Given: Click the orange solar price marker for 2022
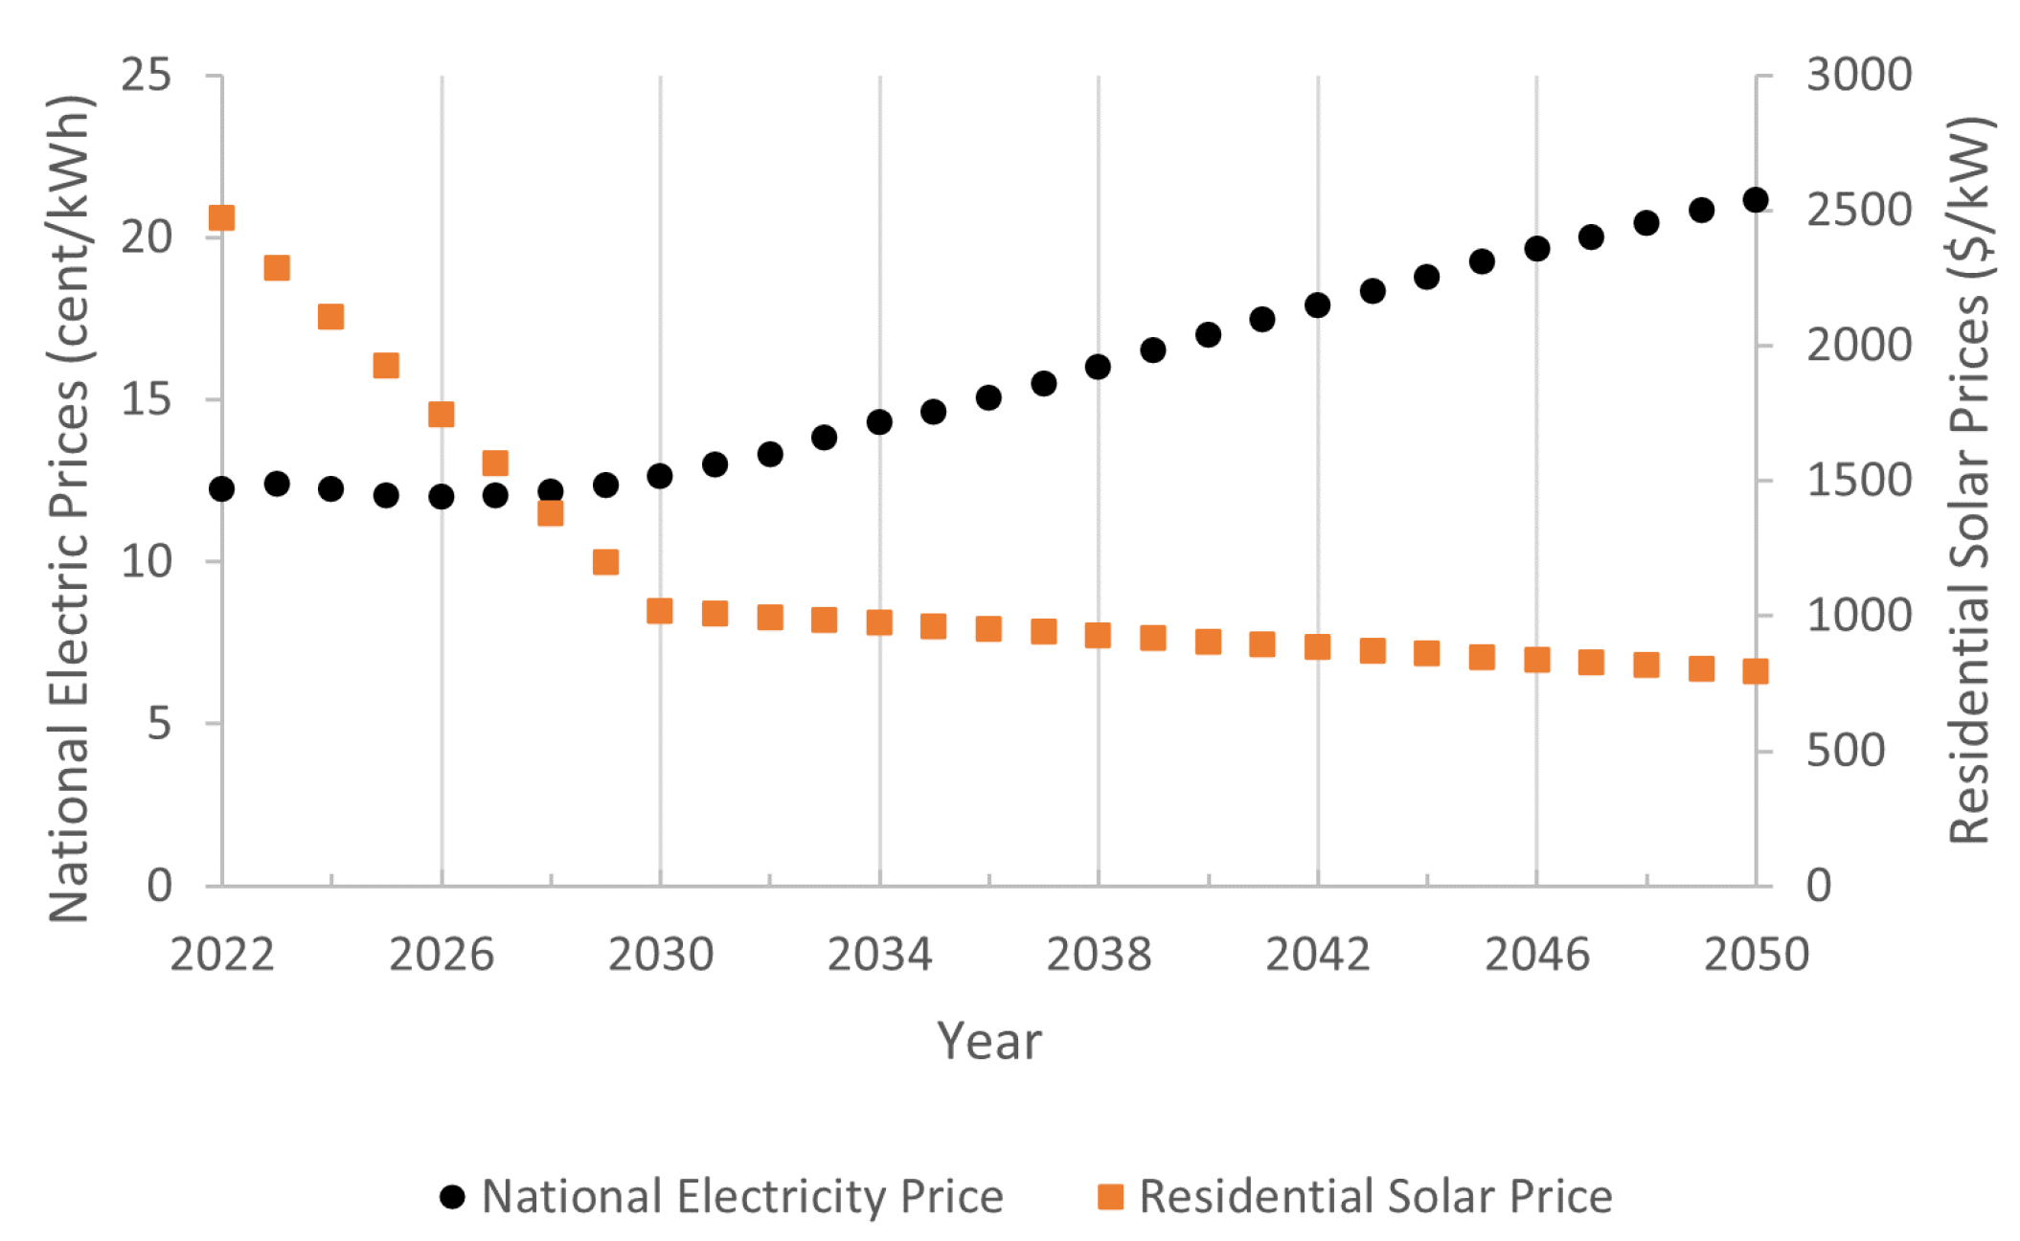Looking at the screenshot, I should pyautogui.click(x=221, y=218).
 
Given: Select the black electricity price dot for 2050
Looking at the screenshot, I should pyautogui.click(x=1755, y=200).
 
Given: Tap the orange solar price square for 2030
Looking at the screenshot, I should pyautogui.click(x=659, y=611).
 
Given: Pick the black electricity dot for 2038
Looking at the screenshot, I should pyautogui.click(x=1098, y=367).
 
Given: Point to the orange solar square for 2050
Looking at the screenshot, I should pyautogui.click(x=1755, y=671).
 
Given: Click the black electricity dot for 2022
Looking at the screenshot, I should pyautogui.click(x=221, y=489).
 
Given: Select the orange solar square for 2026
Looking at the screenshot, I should pyautogui.click(x=441, y=415).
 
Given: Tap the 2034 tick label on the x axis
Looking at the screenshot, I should pyautogui.click(x=878, y=955).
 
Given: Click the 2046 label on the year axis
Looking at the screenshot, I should pyautogui.click(x=1536, y=955).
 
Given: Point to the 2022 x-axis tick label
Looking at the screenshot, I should pyautogui.click(x=221, y=955).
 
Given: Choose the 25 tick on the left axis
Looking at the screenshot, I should pyautogui.click(x=146, y=75).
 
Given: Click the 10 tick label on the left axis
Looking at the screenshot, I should pyautogui.click(x=146, y=561).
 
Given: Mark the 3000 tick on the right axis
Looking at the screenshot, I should pyautogui.click(x=1858, y=75).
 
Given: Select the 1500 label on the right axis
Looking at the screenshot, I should pyautogui.click(x=1858, y=481).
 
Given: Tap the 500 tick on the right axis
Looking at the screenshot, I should pyautogui.click(x=1845, y=751).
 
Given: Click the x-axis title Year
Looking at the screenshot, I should pyautogui.click(x=988, y=1041).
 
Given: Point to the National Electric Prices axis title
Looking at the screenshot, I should pyautogui.click(x=69, y=508).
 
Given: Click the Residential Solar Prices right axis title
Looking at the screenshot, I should pyautogui.click(x=1971, y=479).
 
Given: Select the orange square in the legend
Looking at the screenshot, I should pyautogui.click(x=1110, y=1197).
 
